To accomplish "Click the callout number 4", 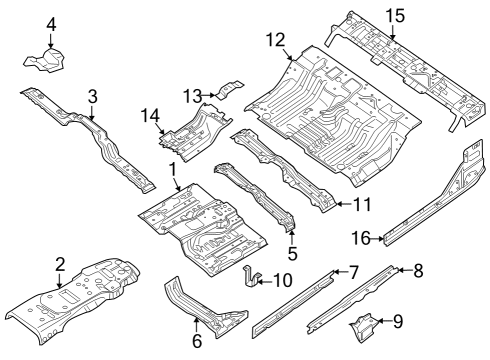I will (x=51, y=24).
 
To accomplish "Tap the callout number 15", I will (x=395, y=15).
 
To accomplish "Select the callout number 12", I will (x=276, y=40).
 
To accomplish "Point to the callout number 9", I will (x=397, y=321).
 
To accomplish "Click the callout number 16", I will (x=361, y=237).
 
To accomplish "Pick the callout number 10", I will (x=282, y=281).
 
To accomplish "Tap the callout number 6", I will (x=196, y=340).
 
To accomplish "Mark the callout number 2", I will (x=60, y=264).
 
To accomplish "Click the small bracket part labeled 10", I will (x=253, y=278).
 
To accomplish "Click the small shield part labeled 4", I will (x=45, y=61).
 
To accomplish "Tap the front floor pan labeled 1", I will (x=205, y=230).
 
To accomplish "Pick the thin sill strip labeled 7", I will (x=295, y=301).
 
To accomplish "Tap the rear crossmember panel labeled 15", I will (x=400, y=60).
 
